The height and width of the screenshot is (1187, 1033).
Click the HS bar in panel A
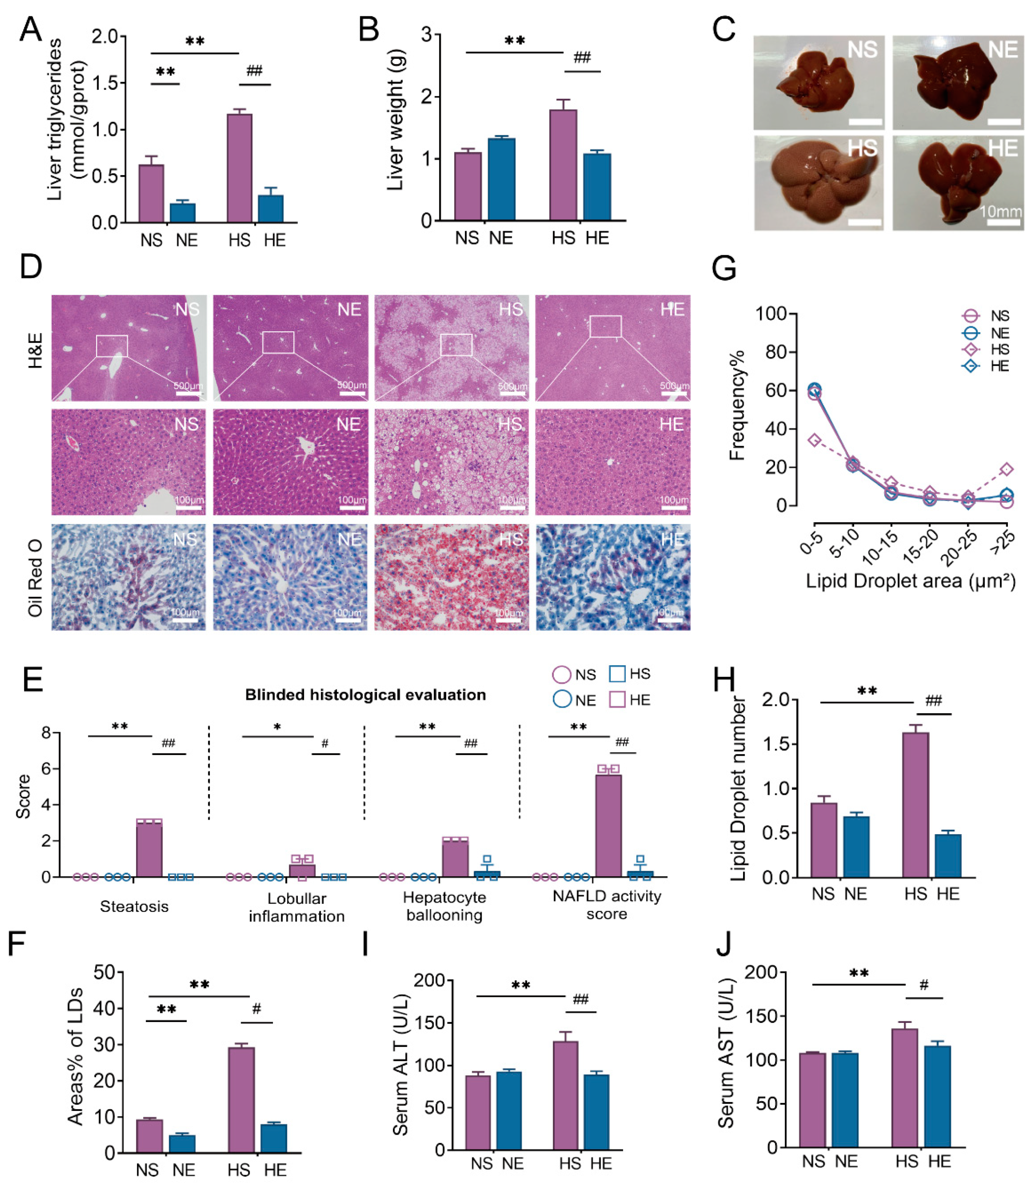[x=239, y=168]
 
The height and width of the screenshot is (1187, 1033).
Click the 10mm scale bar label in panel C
[x=1001, y=211]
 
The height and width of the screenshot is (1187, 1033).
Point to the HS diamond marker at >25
[x=1006, y=469]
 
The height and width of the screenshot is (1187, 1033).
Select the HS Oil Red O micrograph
[x=451, y=576]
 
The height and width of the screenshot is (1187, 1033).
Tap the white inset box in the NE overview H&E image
[x=278, y=342]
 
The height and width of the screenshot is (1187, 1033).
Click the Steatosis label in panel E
[x=134, y=906]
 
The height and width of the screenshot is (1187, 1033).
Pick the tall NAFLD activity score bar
[x=608, y=825]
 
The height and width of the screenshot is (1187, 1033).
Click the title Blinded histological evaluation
[x=365, y=695]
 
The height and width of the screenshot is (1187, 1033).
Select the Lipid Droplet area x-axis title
[x=910, y=581]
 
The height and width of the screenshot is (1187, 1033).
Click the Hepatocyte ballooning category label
[x=445, y=906]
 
